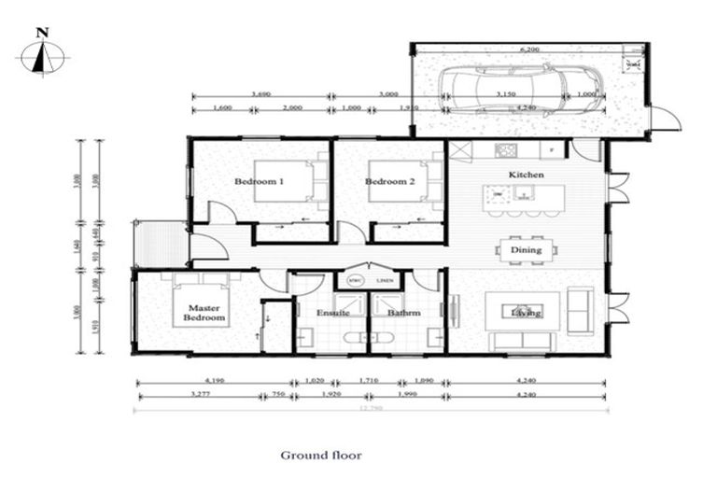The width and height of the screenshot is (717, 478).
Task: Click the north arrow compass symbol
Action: pyautogui.click(x=42, y=54)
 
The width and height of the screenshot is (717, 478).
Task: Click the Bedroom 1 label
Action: pyautogui.click(x=259, y=181)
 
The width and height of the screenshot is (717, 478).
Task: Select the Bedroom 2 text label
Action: pyautogui.click(x=390, y=181)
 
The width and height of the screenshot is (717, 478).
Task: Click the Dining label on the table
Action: pyautogui.click(x=526, y=249)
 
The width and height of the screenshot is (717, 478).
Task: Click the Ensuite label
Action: pyautogui.click(x=331, y=313)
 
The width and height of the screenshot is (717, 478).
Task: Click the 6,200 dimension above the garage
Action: pyautogui.click(x=529, y=49)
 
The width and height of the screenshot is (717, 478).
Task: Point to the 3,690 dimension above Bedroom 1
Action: pyautogui.click(x=261, y=94)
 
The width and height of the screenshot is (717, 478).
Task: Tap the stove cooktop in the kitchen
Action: pyautogui.click(x=506, y=149)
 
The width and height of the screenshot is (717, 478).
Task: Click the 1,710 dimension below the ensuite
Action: pyautogui.click(x=371, y=382)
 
